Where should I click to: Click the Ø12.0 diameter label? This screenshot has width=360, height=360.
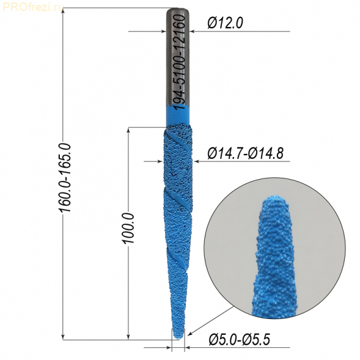pos(225,23)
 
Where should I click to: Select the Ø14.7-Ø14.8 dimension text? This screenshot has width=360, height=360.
pos(245,153)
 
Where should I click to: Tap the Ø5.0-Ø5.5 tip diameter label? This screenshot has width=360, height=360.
pos(239,340)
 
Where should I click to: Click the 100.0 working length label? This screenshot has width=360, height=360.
pos(129,228)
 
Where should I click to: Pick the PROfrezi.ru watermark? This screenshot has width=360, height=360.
pos(32,7)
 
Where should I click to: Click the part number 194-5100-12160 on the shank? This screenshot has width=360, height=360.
pos(180,62)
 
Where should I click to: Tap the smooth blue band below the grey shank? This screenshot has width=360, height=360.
pos(178,117)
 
